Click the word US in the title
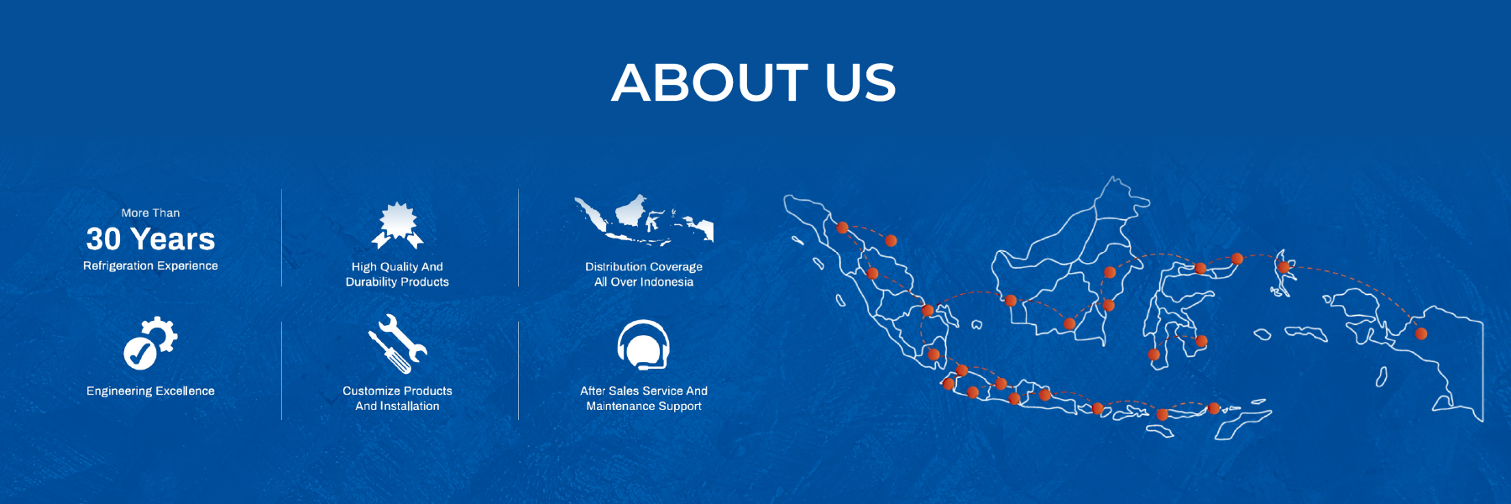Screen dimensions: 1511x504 pyautogui.click(x=861, y=82)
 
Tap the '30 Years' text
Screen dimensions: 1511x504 pyautogui.click(x=151, y=239)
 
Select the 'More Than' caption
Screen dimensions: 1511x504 pyautogui.click(x=151, y=213)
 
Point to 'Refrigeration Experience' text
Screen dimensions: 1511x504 pyautogui.click(x=151, y=265)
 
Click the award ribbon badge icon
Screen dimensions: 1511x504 pyautogui.click(x=398, y=226)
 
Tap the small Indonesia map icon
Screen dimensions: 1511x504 pyautogui.click(x=644, y=220)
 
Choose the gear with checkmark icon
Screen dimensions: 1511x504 pyautogui.click(x=151, y=343)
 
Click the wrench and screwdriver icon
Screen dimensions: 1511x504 pyautogui.click(x=398, y=344)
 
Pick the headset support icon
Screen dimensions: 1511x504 pyautogui.click(x=644, y=344)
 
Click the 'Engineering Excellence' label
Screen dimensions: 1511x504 pyautogui.click(x=151, y=391)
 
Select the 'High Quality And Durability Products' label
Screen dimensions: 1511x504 pyautogui.click(x=398, y=274)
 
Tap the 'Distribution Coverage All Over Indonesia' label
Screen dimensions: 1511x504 pyautogui.click(x=644, y=274)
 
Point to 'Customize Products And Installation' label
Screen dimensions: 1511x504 pyautogui.click(x=398, y=398)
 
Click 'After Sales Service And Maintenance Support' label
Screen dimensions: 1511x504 pyautogui.click(x=644, y=398)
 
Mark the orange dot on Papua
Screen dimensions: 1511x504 pyautogui.click(x=1421, y=333)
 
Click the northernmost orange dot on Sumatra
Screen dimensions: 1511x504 pyautogui.click(x=842, y=228)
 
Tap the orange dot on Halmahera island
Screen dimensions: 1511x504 pyautogui.click(x=1284, y=267)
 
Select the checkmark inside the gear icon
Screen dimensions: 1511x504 pyautogui.click(x=139, y=354)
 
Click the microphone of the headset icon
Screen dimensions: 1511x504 pyautogui.click(x=643, y=367)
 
